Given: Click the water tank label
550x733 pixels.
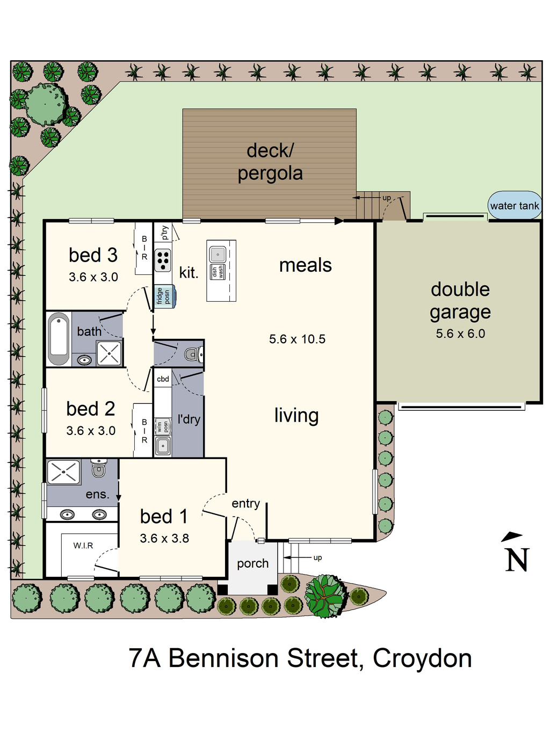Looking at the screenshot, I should (514, 206).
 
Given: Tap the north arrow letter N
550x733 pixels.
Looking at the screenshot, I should (517, 560).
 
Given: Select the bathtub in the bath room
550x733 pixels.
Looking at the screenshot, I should (59, 338).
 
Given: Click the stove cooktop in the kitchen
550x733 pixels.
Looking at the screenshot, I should (163, 260).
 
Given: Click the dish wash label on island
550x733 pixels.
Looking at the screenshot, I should (218, 272).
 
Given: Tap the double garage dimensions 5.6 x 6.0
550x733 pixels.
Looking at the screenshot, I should (460, 333).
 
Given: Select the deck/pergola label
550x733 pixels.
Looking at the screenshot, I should (270, 162).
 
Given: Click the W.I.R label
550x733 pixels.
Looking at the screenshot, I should (83, 546).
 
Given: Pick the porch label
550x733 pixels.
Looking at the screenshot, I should (252, 563).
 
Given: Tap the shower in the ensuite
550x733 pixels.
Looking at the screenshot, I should (63, 473).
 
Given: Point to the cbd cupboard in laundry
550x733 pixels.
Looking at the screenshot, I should (163, 379).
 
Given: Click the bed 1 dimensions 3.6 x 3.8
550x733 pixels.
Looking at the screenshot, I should (164, 538).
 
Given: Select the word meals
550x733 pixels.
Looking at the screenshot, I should (305, 265).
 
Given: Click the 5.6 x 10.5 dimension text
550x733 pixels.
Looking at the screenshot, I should (297, 339).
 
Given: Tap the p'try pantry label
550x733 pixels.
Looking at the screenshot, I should (164, 232).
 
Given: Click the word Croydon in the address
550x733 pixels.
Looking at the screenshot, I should (422, 658).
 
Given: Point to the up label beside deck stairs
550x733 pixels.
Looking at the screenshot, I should (387, 198).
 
